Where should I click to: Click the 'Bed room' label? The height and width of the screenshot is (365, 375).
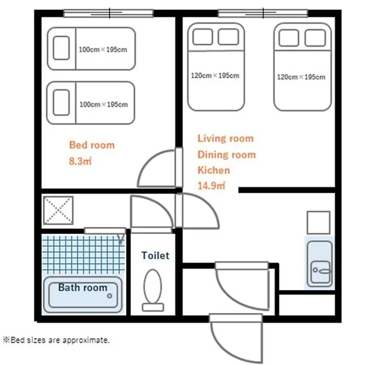pyautogui.click(x=92, y=145)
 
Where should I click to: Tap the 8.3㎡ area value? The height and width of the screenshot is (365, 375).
pyautogui.click(x=80, y=161)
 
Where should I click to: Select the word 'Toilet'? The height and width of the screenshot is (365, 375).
pyautogui.click(x=155, y=256)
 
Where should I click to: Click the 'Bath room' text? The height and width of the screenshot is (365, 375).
pyautogui.click(x=83, y=287)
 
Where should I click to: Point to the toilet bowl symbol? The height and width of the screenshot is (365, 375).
pyautogui.click(x=153, y=286)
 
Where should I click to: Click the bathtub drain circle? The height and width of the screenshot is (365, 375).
pyautogui.click(x=110, y=296)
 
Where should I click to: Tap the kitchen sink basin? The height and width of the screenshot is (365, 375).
pyautogui.click(x=321, y=272)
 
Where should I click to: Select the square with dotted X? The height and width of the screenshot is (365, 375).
pyautogui.click(x=58, y=210)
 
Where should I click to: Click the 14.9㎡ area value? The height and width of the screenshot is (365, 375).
pyautogui.click(x=211, y=186)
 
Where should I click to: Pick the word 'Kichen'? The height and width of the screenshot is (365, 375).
pyautogui.click(x=214, y=170)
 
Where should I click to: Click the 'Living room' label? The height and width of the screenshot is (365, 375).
pyautogui.click(x=225, y=138)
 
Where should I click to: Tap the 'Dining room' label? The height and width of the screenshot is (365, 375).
pyautogui.click(x=227, y=155)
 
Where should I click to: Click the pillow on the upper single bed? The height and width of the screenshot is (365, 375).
pyautogui.click(x=62, y=48)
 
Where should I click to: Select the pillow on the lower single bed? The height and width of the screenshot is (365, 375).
pyautogui.click(x=62, y=102)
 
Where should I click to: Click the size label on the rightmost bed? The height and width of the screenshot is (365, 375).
pyautogui.click(x=301, y=77)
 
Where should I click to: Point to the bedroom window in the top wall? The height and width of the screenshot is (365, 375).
pyautogui.click(x=108, y=13)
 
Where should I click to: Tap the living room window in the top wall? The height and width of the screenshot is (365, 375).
pyautogui.click(x=263, y=13)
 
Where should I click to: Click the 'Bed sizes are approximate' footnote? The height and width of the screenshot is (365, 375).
pyautogui.click(x=56, y=340)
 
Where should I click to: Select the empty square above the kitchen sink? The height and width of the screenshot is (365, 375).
pyautogui.click(x=319, y=223)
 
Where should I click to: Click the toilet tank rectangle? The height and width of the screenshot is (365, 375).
pyautogui.click(x=153, y=307)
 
